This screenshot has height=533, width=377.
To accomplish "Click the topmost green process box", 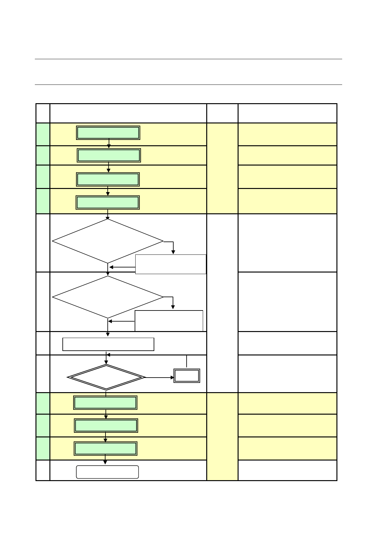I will [108, 133].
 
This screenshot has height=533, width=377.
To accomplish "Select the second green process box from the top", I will [109, 155].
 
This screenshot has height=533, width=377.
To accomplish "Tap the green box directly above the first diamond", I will [108, 203].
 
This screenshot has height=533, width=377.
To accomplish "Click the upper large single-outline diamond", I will [108, 241].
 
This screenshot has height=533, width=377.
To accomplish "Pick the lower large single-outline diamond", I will [108, 297].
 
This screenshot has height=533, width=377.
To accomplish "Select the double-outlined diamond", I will [106, 377].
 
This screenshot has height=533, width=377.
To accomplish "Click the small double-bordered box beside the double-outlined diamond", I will [187, 376].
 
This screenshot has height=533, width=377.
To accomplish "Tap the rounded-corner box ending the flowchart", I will [107, 472].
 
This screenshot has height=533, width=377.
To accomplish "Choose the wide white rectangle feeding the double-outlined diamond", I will [108, 344].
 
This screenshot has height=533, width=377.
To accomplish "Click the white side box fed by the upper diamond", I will [171, 264].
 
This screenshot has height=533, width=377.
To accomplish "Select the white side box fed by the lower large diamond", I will [169, 321].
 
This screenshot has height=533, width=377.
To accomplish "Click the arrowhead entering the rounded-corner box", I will [105, 462].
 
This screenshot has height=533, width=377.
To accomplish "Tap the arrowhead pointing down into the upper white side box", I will [173, 252].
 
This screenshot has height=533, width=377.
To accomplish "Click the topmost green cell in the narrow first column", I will [43, 134].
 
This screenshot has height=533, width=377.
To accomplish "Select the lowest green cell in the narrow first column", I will [43, 448].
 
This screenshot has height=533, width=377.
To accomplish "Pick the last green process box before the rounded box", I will [105, 448].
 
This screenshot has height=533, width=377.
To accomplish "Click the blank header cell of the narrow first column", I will [43, 113].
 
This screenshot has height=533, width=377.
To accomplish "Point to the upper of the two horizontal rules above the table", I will [188, 59].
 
